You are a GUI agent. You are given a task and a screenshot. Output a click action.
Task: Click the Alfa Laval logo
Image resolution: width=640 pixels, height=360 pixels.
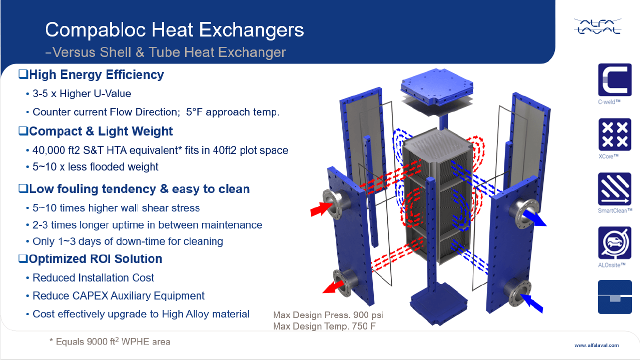597,26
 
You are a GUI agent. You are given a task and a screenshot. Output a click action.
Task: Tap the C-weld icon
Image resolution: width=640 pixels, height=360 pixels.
614,79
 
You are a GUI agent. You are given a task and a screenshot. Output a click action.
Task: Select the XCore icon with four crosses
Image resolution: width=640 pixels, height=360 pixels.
614,134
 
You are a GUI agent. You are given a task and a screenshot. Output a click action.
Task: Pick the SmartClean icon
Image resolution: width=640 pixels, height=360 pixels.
614,188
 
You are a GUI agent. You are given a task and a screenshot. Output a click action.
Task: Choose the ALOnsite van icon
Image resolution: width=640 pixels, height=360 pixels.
614,243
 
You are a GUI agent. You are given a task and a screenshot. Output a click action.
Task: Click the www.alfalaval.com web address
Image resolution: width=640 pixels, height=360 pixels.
596,345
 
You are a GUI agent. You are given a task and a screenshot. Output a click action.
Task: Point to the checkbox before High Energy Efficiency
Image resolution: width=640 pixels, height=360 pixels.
23,74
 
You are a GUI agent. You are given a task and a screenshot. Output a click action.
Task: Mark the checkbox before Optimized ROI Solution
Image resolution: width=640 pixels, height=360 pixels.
23,258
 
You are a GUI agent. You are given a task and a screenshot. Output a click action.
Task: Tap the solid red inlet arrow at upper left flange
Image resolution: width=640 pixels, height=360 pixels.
321,208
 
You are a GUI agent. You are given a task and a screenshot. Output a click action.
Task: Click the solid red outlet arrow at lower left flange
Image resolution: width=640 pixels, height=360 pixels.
333,287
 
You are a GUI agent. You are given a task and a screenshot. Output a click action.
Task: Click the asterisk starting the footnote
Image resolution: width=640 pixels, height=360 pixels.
52,340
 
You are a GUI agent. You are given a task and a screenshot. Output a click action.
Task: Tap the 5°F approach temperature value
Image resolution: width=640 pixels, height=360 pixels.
194,112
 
